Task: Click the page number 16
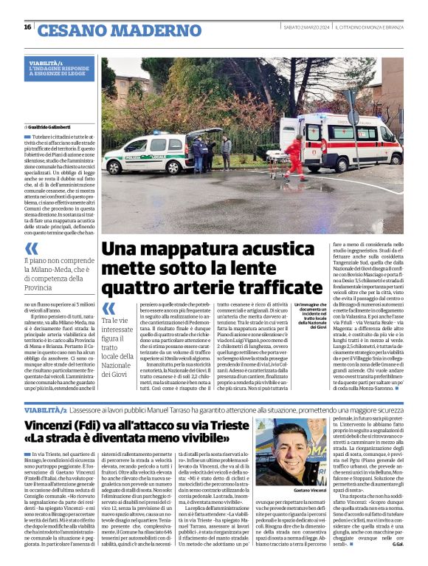27,27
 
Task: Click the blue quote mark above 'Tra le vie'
108,308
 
